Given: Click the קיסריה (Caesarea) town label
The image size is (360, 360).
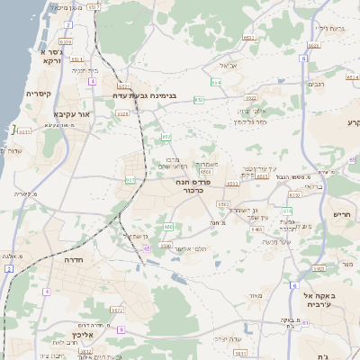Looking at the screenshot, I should click(x=39, y=94).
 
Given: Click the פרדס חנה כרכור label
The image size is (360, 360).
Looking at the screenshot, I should click(x=194, y=185).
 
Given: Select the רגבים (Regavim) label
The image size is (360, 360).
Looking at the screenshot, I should click(x=316, y=85).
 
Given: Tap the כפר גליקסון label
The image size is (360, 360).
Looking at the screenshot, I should click(x=249, y=121).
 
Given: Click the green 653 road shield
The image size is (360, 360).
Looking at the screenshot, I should click(x=166, y=137).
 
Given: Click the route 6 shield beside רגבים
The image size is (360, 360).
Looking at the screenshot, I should click(x=304, y=58).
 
